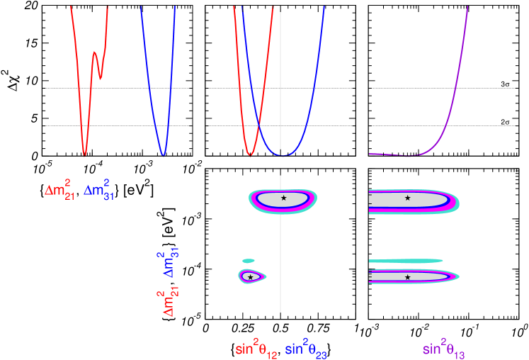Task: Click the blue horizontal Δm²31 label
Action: click(98, 189)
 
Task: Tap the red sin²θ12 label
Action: click(256, 349)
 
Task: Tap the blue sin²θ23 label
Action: click(305, 349)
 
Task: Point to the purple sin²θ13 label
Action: click(443, 349)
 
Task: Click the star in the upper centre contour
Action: click(284, 198)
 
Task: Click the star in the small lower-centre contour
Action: click(250, 276)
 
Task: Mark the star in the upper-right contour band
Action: click(407, 198)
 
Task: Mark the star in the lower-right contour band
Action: click(407, 277)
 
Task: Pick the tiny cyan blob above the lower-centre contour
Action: click(248, 261)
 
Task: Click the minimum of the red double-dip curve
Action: click(85, 153)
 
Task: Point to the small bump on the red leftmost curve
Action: click(94, 54)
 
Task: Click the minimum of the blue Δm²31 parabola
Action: click(164, 154)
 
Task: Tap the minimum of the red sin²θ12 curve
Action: click(250, 154)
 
